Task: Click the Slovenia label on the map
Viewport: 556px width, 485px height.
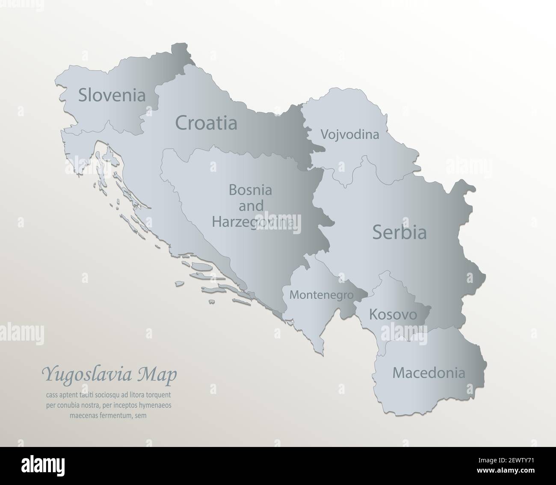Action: (x=112, y=95)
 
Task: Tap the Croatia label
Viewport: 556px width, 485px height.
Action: (x=206, y=123)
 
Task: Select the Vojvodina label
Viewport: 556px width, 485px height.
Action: (x=349, y=135)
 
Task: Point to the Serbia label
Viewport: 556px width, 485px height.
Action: (x=399, y=232)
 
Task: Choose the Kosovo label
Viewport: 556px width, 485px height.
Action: (x=393, y=315)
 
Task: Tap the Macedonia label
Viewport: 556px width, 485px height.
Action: (x=429, y=373)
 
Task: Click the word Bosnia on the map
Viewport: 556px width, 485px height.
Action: (x=251, y=189)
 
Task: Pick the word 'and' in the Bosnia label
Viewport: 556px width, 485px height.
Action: (x=251, y=206)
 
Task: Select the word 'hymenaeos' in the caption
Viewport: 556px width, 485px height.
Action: (x=156, y=405)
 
